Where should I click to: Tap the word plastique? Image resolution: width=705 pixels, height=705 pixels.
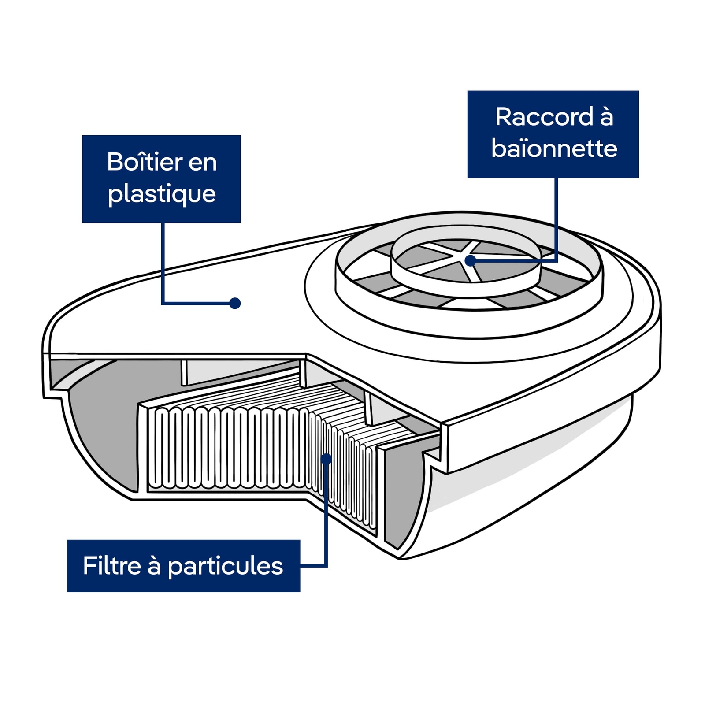(x=162, y=194)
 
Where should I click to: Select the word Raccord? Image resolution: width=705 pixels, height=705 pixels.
(x=544, y=117)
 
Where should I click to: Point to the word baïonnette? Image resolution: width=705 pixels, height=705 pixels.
(x=554, y=148)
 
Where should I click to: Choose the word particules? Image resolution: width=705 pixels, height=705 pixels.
(x=225, y=567)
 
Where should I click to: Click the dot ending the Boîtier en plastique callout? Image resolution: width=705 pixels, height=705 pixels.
(x=235, y=303)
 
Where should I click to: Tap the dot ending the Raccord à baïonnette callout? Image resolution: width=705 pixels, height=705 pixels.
(x=471, y=260)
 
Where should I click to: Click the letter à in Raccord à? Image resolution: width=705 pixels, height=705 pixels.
(x=606, y=117)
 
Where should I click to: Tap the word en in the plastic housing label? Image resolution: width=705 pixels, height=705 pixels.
(x=203, y=162)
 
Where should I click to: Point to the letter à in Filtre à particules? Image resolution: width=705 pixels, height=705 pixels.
(x=154, y=566)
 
